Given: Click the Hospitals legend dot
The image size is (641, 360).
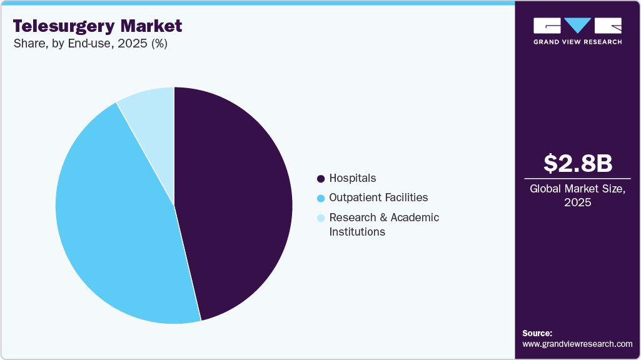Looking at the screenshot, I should [x=321, y=179].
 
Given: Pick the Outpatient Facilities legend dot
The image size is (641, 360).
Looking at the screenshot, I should [x=321, y=198].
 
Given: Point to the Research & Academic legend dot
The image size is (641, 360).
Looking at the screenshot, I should [x=321, y=218].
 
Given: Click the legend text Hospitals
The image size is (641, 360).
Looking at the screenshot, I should [x=353, y=179].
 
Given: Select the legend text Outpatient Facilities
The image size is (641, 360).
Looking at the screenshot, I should [x=378, y=197].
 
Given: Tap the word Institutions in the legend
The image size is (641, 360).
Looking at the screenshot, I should [x=356, y=232].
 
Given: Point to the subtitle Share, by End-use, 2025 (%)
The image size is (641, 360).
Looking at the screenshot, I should [x=90, y=44].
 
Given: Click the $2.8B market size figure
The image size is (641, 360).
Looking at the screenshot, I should [x=578, y=163].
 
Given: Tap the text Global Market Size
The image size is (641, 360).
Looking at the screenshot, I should [x=577, y=189].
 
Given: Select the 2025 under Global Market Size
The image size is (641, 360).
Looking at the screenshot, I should [x=578, y=202].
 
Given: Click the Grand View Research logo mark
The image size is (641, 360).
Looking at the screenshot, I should [x=577, y=26].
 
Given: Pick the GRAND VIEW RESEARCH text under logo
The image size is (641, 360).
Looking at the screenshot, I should [x=577, y=42].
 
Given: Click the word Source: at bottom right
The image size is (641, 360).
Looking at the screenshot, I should [x=537, y=333].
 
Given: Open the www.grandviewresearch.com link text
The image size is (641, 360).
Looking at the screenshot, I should [x=577, y=344].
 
